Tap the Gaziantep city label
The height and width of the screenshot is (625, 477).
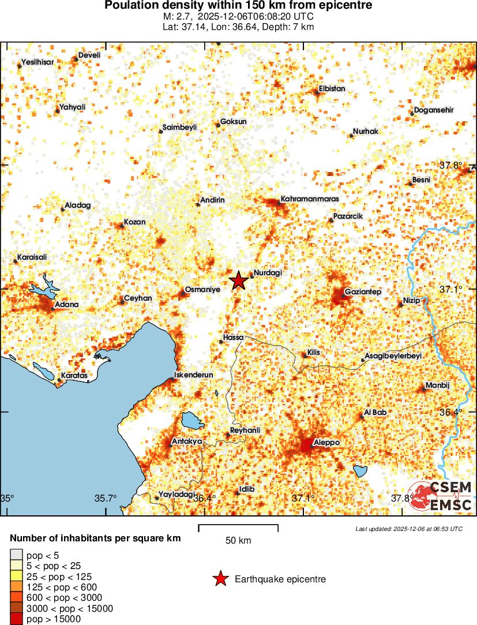pos(363,292)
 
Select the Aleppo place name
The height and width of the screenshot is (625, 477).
pos(326,443)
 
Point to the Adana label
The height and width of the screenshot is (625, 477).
pos(66,304)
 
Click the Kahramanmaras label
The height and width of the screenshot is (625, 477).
pos(309,199)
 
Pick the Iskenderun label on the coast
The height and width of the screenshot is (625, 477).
pos(194,375)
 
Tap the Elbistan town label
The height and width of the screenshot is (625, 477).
pos(332,89)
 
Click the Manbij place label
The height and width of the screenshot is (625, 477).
pos(437,385)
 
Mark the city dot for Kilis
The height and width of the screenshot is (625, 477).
pos(306,356)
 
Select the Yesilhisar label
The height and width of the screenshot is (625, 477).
pos(37,62)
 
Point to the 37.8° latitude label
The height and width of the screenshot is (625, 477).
pos(450,165)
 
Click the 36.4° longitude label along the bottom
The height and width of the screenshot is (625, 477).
pos(205,497)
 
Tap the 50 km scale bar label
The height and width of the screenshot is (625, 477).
pos(238,541)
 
